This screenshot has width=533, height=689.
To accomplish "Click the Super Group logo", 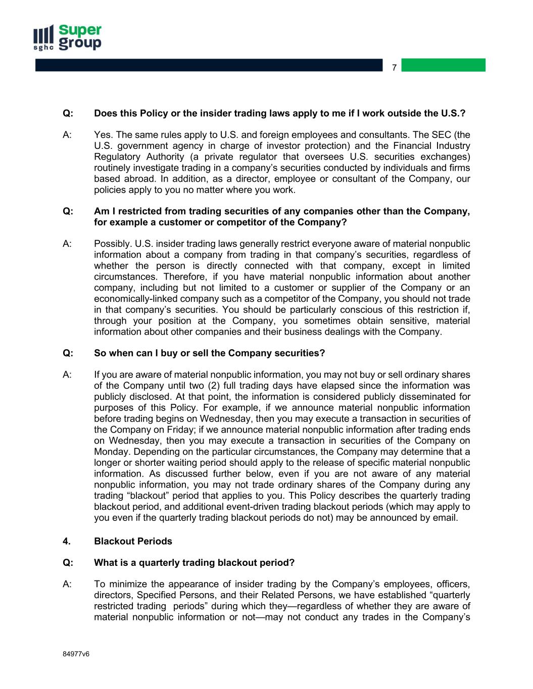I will point(67,37).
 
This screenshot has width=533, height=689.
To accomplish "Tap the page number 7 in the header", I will point(395,67).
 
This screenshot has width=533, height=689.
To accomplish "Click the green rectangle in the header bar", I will point(443,65).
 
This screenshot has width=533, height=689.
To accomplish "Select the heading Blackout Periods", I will point(133,541).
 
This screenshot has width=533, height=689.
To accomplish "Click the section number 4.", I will point(66,541).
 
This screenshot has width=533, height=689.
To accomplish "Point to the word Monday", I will point(109,452).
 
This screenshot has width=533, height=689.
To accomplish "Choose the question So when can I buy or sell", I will point(209,353).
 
